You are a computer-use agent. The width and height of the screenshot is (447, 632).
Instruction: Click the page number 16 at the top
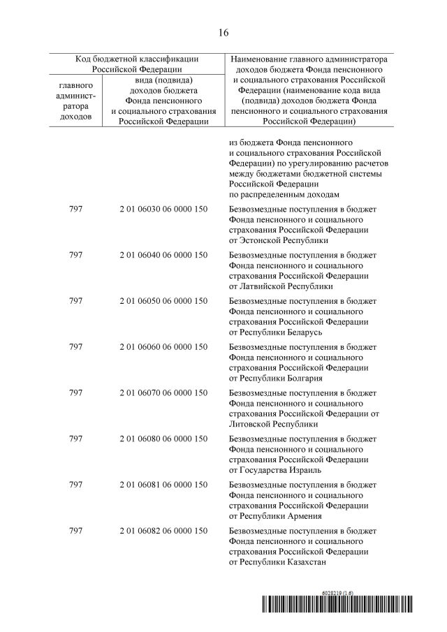tap(223, 33)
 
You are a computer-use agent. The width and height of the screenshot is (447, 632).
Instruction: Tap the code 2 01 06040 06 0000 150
tap(163, 255)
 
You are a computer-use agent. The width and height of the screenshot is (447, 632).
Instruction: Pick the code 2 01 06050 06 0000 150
tap(163, 300)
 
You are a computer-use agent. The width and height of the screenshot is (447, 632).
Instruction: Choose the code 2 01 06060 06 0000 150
tap(163, 347)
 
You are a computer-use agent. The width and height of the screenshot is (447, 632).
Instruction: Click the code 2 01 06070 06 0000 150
tap(163, 392)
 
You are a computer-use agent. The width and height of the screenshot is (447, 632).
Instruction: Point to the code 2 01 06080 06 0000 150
tap(163, 439)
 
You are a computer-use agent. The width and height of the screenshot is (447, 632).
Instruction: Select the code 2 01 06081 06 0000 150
tap(163, 485)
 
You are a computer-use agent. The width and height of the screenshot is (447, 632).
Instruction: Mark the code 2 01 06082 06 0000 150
tap(163, 531)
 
